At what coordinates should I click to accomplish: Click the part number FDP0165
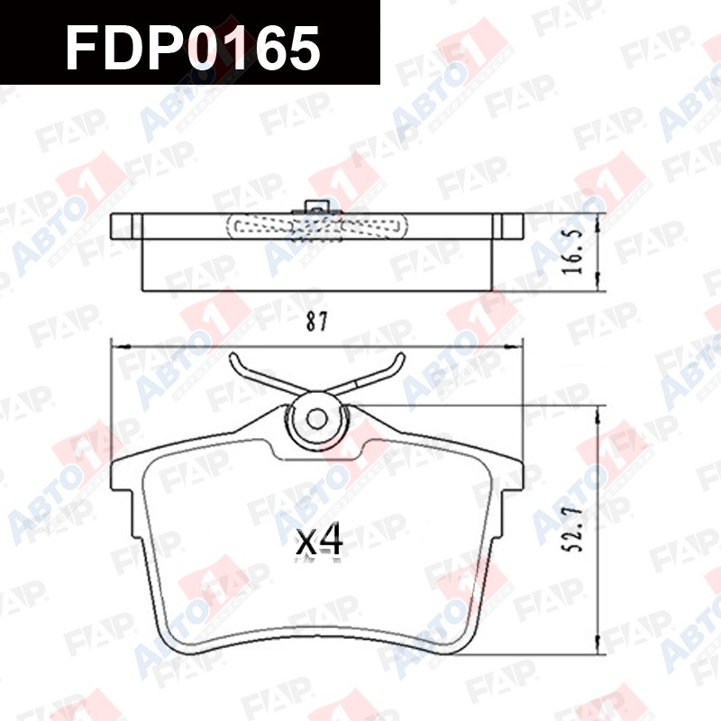(193, 48)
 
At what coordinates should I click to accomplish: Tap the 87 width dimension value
(317, 322)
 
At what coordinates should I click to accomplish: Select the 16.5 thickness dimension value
(573, 251)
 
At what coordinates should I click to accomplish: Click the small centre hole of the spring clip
(317, 419)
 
